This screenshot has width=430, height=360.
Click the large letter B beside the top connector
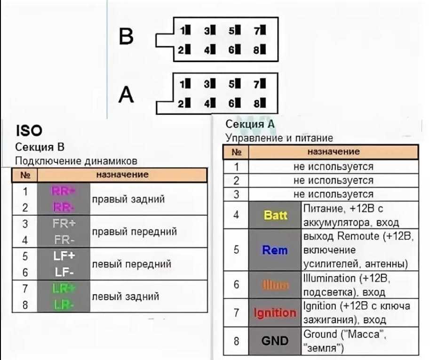[x=126, y=36]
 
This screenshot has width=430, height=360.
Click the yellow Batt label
[x=276, y=216]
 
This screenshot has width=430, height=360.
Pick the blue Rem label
[x=275, y=250]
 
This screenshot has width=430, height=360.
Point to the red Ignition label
[x=275, y=312]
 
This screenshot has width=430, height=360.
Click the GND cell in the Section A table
[x=275, y=340]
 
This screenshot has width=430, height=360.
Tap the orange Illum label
[x=275, y=285]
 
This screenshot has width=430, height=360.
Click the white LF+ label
[x=64, y=256]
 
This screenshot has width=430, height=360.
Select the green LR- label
[x=64, y=305]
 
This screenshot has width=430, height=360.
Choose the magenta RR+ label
[x=64, y=191]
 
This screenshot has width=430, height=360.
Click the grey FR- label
[x=64, y=240]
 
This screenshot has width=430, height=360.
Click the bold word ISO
[x=29, y=130]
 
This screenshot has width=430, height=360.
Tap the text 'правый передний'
[x=135, y=232]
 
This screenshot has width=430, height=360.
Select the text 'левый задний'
[x=125, y=296]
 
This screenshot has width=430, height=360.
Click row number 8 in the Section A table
[x=237, y=340]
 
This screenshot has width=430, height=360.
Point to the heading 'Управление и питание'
[x=279, y=138]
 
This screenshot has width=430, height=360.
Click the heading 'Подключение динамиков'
[x=76, y=161]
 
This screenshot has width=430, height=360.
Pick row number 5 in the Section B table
[x=25, y=256]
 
